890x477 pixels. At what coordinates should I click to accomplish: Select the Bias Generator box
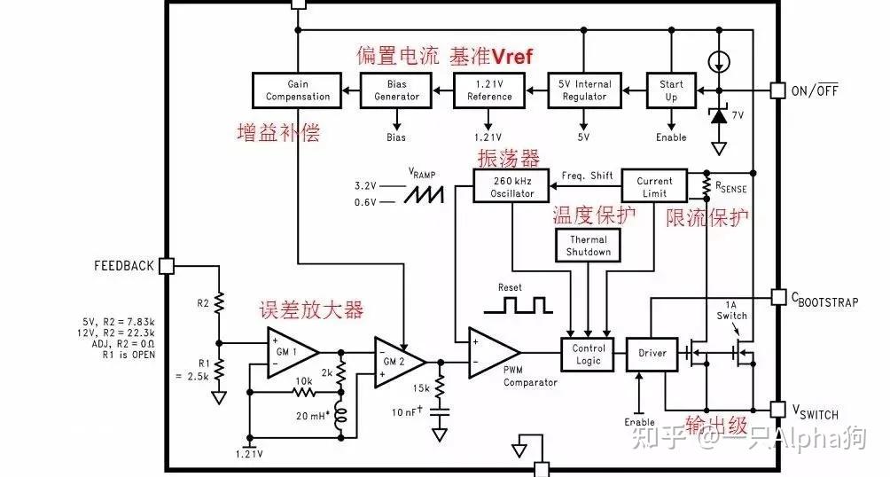point(396,90)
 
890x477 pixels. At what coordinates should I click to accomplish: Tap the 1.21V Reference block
point(489,90)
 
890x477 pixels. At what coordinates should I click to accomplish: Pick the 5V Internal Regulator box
point(582,90)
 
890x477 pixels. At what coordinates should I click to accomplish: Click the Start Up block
point(671,90)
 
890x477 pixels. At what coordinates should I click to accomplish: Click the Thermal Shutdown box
point(589,246)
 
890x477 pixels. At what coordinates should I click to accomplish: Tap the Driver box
point(652,354)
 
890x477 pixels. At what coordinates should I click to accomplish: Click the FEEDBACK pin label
point(123,266)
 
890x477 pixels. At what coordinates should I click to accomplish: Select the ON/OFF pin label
point(815,90)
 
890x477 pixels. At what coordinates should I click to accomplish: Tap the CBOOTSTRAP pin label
point(824,301)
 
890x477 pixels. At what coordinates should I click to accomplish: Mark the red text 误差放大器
point(311,311)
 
